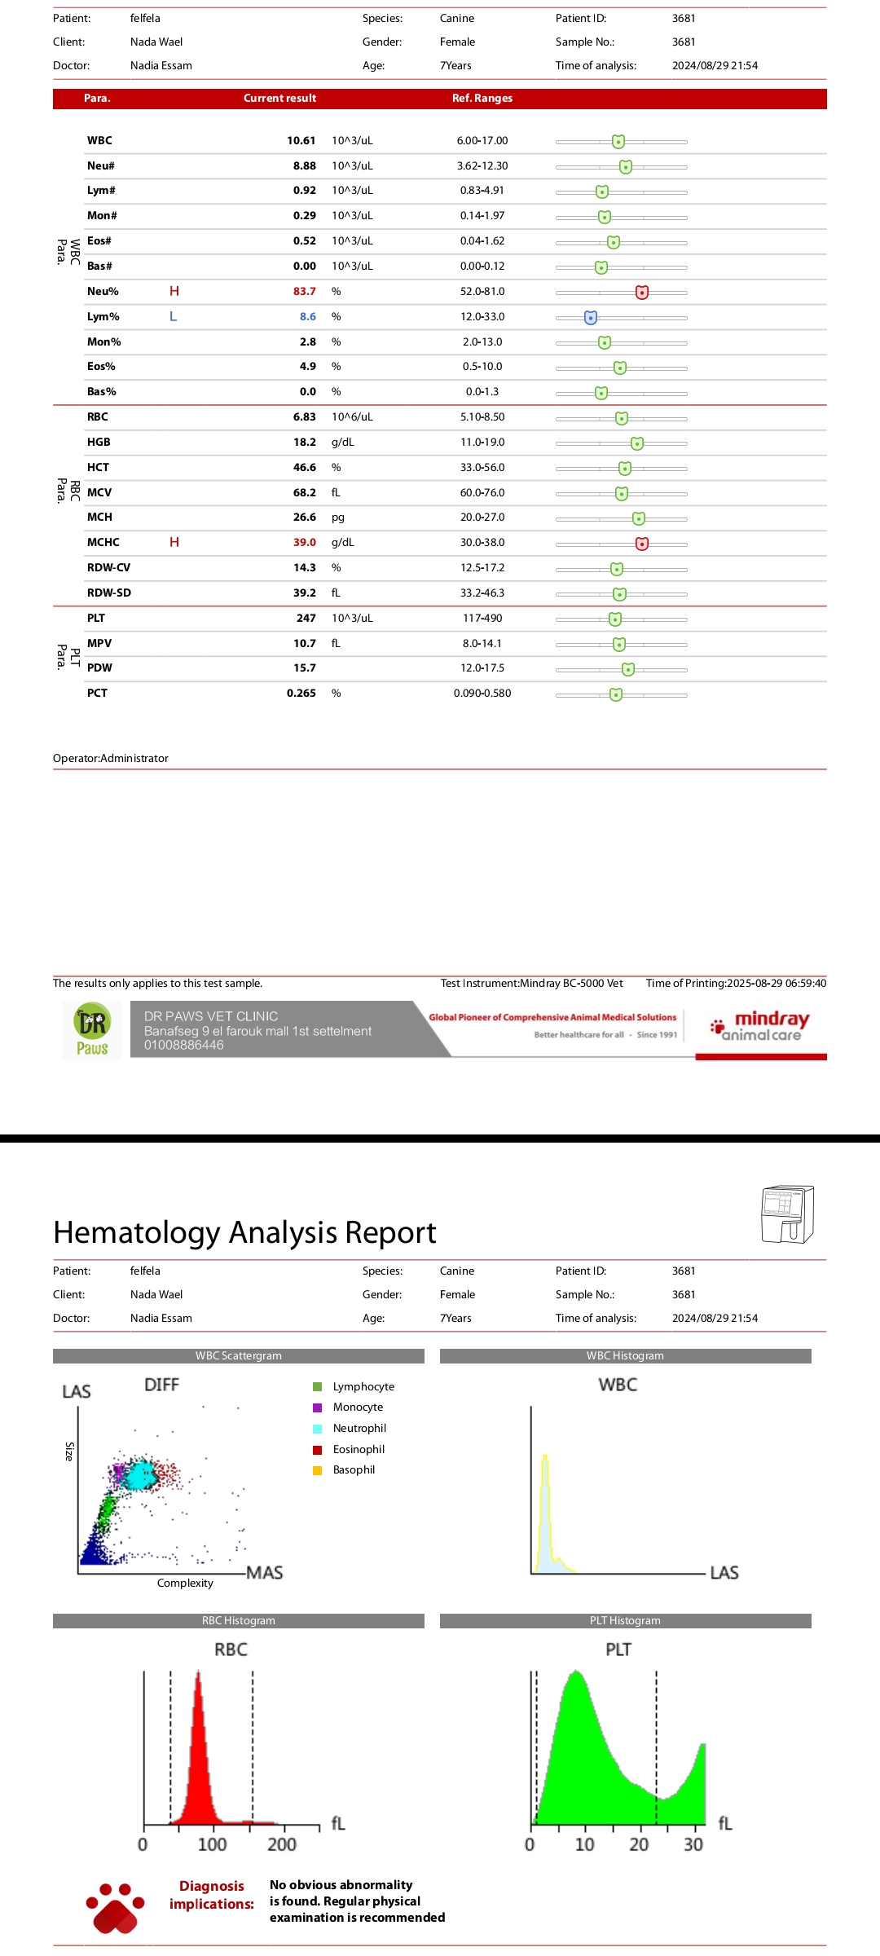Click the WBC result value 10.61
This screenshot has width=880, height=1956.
click(301, 141)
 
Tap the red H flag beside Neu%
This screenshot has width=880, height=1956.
click(174, 291)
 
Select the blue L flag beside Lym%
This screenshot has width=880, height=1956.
click(173, 316)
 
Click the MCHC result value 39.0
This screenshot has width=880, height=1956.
click(304, 543)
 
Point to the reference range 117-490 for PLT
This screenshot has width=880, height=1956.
click(482, 619)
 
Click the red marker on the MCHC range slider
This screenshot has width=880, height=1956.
click(642, 544)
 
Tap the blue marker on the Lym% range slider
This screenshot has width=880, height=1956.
click(591, 317)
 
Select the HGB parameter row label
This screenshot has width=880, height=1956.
click(99, 443)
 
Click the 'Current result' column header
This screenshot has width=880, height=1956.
click(279, 99)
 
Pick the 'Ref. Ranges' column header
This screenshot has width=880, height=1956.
click(482, 99)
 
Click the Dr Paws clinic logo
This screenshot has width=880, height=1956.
click(92, 1030)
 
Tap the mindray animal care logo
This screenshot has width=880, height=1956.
click(760, 1027)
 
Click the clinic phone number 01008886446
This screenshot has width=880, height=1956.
click(183, 1046)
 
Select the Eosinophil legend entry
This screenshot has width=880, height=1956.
click(359, 1450)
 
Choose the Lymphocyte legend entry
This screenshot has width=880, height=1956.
click(363, 1387)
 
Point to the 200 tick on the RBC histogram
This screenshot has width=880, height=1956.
click(282, 1844)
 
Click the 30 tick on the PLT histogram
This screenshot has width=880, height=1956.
click(693, 1844)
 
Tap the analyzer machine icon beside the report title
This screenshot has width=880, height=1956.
click(787, 1214)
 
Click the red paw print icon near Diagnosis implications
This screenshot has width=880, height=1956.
click(115, 1907)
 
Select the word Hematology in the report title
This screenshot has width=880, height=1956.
click(136, 1233)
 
